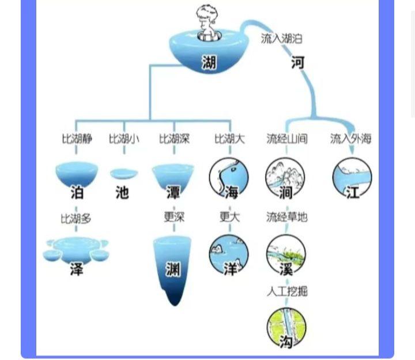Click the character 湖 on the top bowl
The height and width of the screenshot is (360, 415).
pyautogui.click(x=209, y=62)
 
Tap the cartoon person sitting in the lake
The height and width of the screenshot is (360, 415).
pyautogui.click(x=207, y=23)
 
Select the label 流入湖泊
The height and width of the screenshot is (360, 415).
pyautogui.click(x=281, y=39)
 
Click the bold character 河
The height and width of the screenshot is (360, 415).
pyautogui.click(x=297, y=62)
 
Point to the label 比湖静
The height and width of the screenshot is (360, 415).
pyautogui.click(x=77, y=139)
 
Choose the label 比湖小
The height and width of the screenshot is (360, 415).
pyautogui.click(x=123, y=139)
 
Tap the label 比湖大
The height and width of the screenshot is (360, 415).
pyautogui.click(x=229, y=139)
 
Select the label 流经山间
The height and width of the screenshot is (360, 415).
pyautogui.click(x=286, y=139)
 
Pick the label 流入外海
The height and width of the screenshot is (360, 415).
pyautogui.click(x=350, y=139)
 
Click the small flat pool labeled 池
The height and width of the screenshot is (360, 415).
pyautogui.click(x=123, y=174)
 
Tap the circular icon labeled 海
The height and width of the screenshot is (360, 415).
pyautogui.click(x=229, y=178)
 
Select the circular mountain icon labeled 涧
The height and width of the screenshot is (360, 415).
pyautogui.click(x=285, y=178)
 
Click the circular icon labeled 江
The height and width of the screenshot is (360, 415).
pyautogui.click(x=352, y=178)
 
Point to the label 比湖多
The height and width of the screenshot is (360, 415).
pyautogui.click(x=76, y=219)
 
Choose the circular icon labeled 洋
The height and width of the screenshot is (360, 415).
pyautogui.click(x=229, y=254)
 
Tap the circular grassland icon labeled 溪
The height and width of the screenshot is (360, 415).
pyautogui.click(x=286, y=254)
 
